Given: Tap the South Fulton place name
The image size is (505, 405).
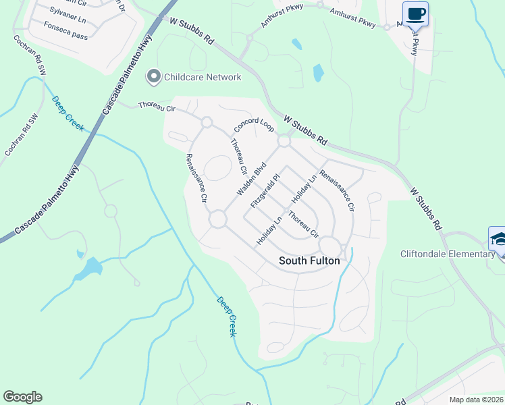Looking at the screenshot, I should pos(310,261).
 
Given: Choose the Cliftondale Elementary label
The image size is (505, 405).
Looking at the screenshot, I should pos(448,254).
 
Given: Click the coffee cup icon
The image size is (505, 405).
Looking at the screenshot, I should pos(415,13).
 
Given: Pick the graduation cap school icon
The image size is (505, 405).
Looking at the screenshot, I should pos(498,239).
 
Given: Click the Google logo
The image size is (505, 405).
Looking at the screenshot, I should pos(22,397).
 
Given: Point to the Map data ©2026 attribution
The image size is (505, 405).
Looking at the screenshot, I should pos(476,400).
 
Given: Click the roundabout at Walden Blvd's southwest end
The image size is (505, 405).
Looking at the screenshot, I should pos(217,219).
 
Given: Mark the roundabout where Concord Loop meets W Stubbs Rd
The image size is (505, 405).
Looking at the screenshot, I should pos(284,141).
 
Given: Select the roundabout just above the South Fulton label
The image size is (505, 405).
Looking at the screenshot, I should pos(331,245).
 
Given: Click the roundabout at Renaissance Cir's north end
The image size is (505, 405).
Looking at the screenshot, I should pos(207,122).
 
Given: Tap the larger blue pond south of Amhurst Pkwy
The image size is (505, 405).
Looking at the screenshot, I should pos(318,72).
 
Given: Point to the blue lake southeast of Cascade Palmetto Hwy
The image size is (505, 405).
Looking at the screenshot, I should pos(88,269).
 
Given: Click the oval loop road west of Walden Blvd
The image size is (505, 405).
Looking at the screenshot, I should pos(217,168).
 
